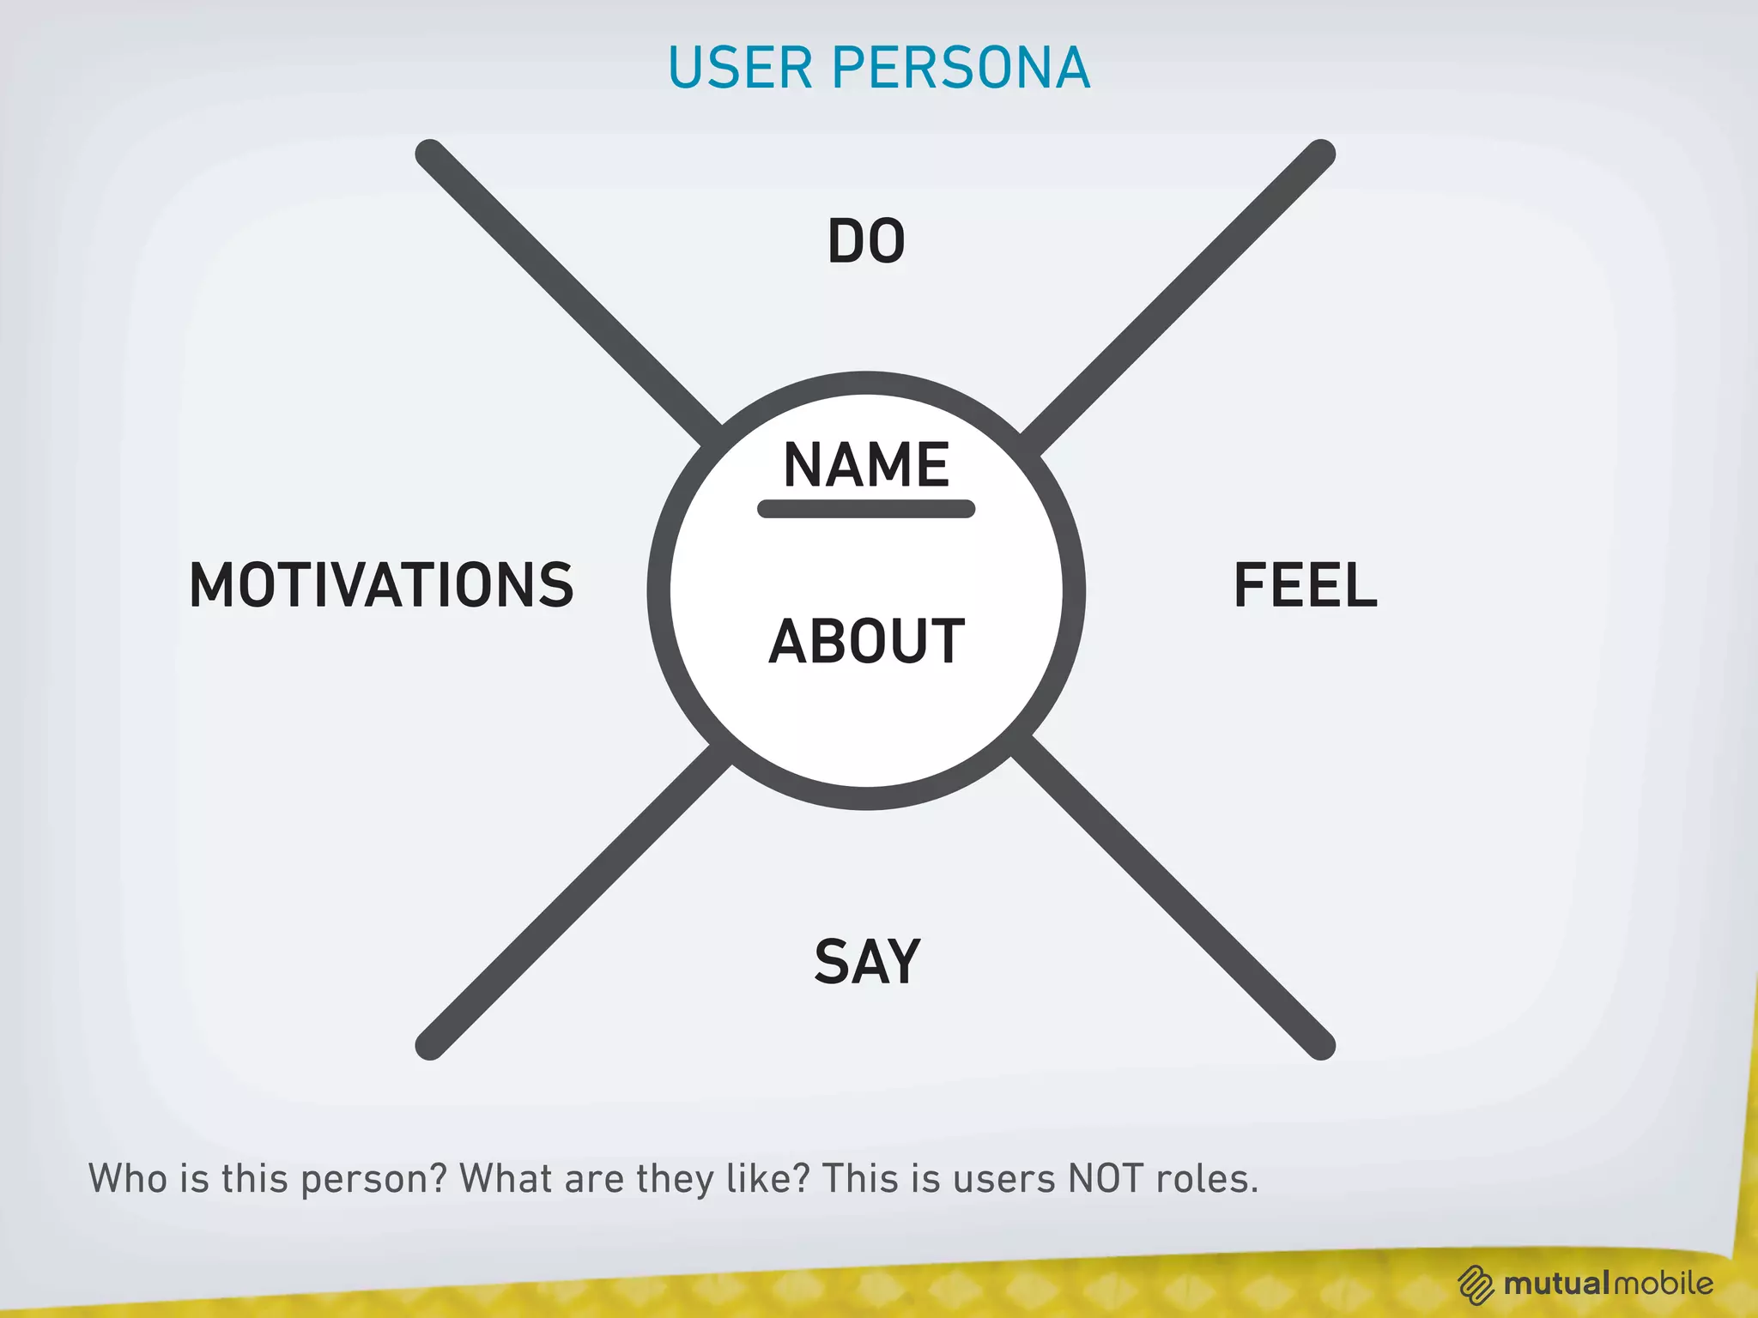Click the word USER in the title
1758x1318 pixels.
[x=739, y=68]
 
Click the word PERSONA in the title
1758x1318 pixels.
[x=961, y=68]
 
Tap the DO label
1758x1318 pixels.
[x=866, y=241]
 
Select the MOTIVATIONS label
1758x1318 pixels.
[x=381, y=585]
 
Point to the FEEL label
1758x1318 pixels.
[x=1305, y=585]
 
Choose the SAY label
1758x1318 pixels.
[x=867, y=962]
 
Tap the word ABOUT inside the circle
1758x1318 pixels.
[x=866, y=641]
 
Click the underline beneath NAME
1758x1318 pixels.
[x=866, y=509]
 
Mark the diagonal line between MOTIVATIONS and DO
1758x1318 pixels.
[x=567, y=292]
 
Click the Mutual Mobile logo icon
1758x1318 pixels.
[x=1476, y=1285]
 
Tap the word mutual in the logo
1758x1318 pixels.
[x=1555, y=1284]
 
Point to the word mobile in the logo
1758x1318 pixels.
[x=1662, y=1284]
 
